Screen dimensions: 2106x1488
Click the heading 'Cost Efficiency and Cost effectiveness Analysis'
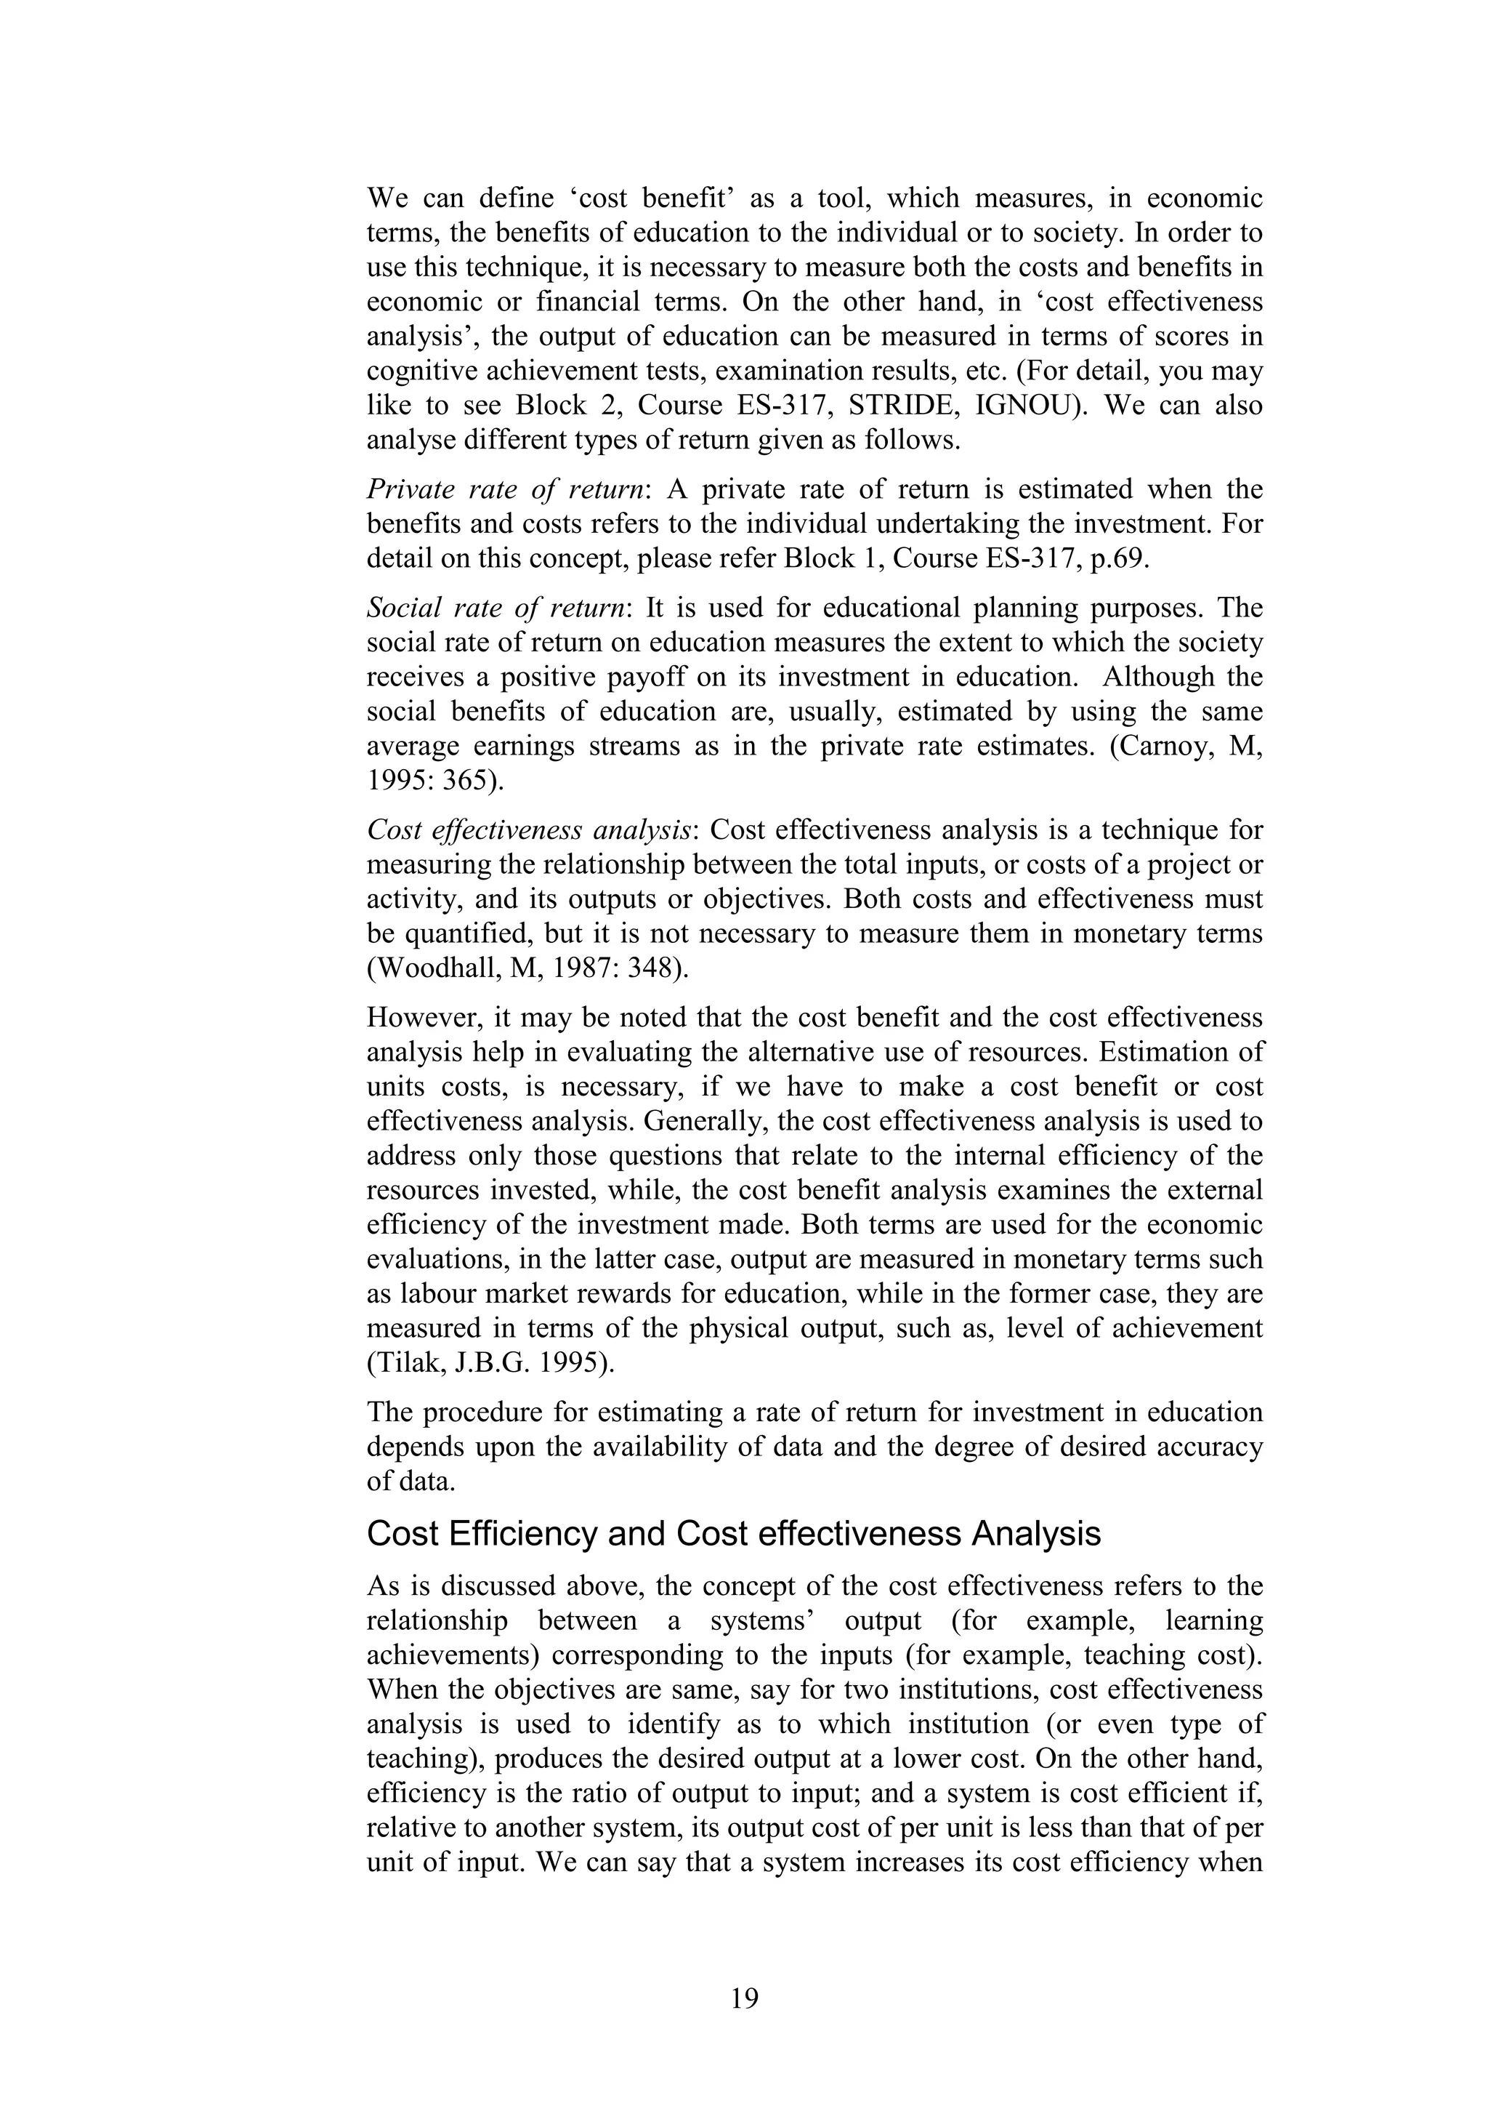(733, 1534)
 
